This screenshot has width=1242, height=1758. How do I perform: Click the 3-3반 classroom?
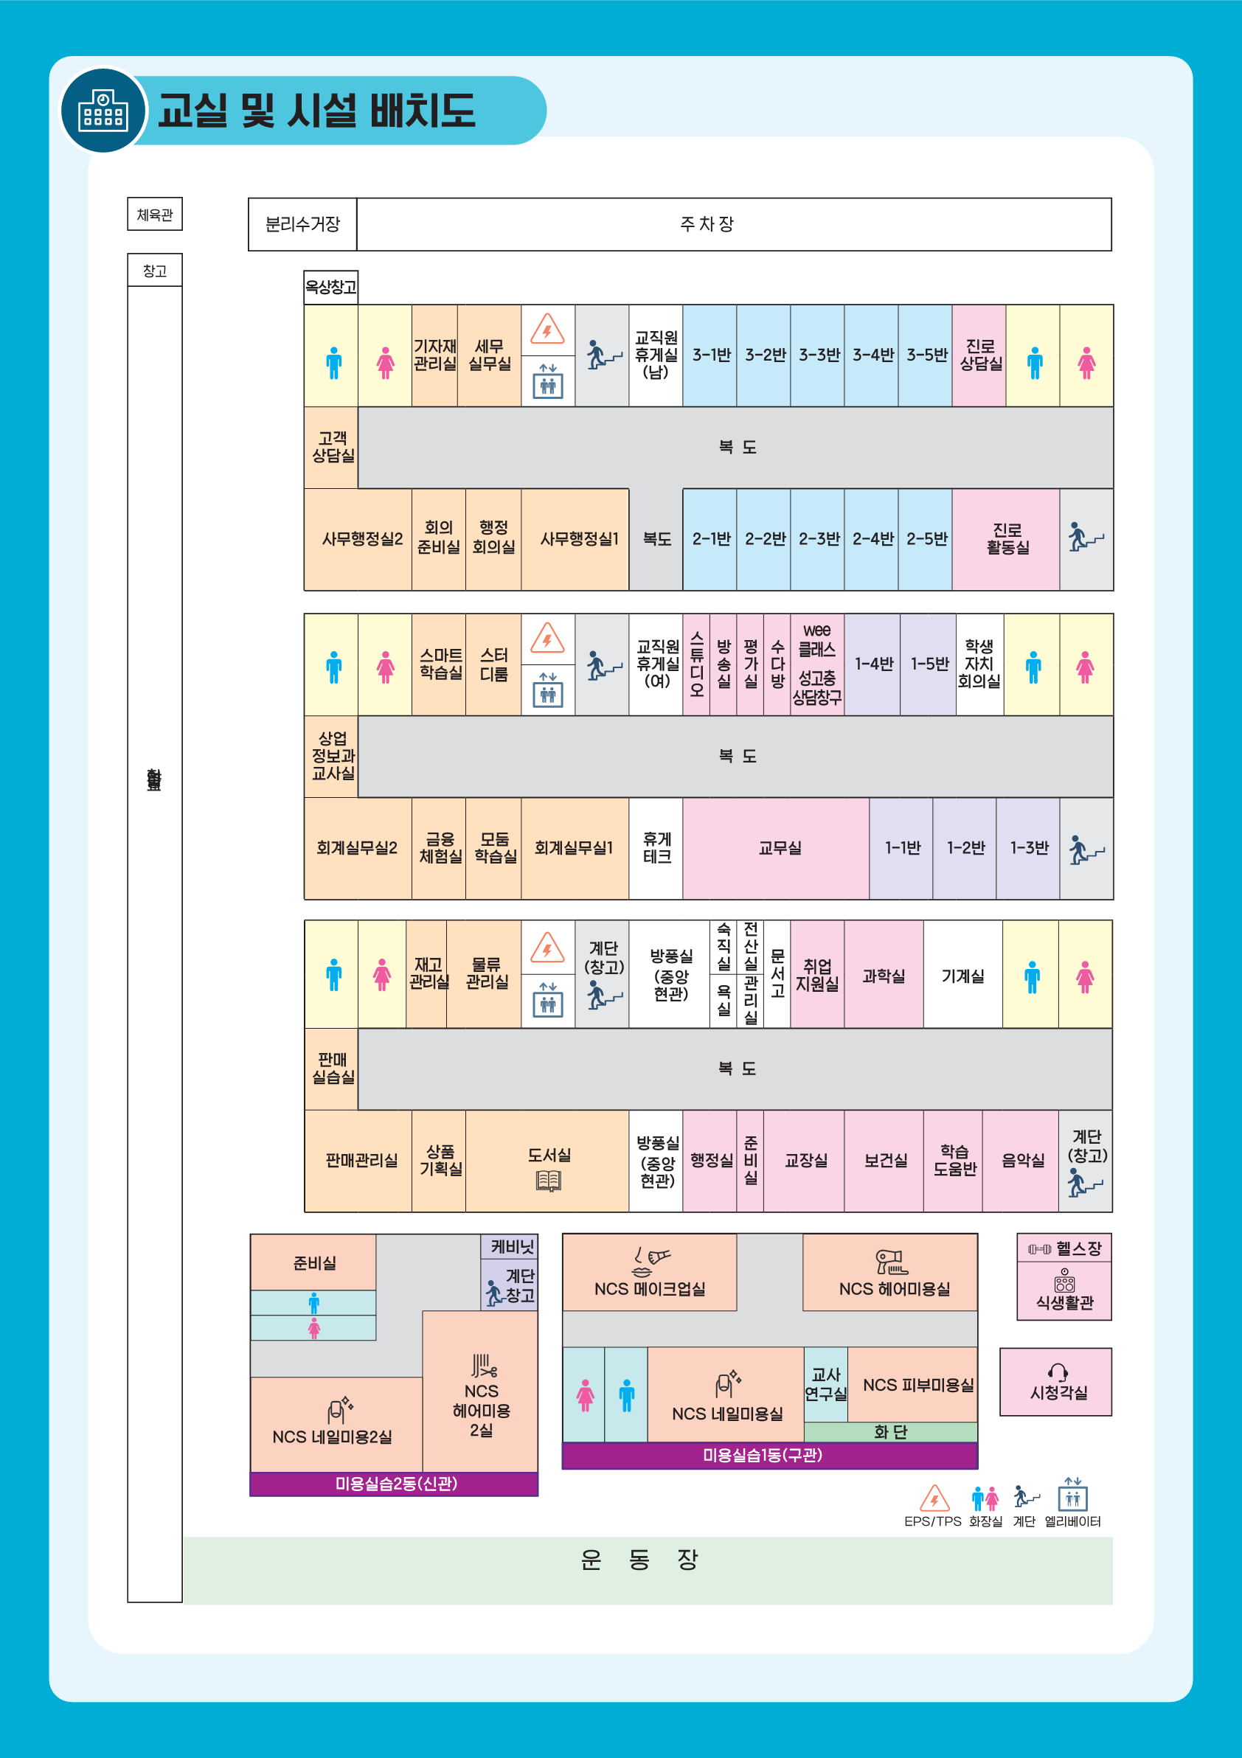coord(818,355)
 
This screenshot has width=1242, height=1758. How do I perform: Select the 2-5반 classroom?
coord(926,539)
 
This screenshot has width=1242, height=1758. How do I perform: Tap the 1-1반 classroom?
coord(902,847)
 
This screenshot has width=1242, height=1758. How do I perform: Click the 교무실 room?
coord(778,847)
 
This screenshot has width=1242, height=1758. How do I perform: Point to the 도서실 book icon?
coord(548,1181)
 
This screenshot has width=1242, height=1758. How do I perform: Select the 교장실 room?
coord(805,1160)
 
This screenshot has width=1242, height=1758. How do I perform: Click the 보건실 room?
coord(884,1160)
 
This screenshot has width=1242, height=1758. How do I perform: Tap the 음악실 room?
coord(1021,1160)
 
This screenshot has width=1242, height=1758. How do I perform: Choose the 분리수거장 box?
coord(302,224)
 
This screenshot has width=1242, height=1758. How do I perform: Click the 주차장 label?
coord(706,224)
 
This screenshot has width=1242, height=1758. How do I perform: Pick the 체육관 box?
coord(155,215)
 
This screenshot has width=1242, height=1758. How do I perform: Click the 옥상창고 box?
coord(331,287)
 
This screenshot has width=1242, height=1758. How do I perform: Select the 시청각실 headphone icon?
coord(1058,1372)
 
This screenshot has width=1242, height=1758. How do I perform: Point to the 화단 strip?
coord(889,1432)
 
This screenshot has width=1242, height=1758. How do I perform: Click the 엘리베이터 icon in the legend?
coord(1072,1496)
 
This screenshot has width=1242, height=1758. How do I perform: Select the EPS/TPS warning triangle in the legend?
coord(934,1498)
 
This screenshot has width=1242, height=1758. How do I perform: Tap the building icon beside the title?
coord(103,111)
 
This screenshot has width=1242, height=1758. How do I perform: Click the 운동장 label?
coord(639,1560)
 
